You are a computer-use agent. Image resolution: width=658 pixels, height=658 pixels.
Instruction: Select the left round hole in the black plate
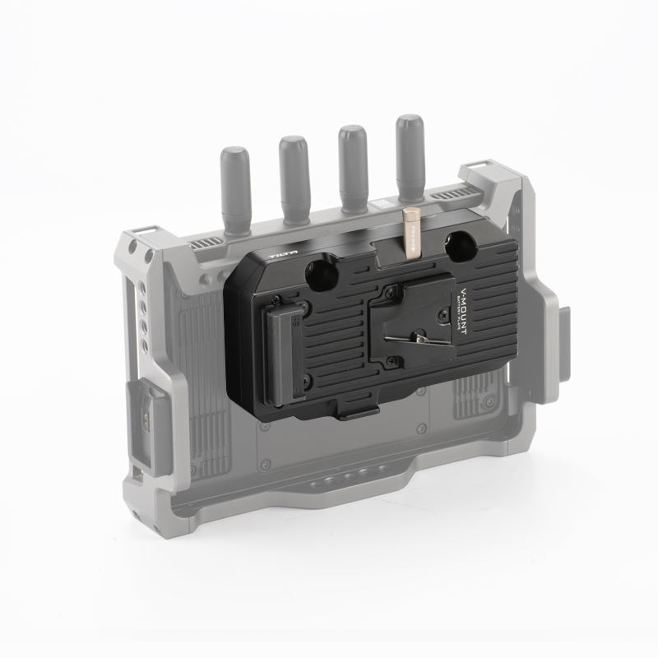tap(317, 271)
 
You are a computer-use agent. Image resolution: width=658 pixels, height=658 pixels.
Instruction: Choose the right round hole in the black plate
tap(456, 246)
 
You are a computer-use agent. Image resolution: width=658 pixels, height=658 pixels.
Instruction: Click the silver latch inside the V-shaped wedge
tap(421, 338)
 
